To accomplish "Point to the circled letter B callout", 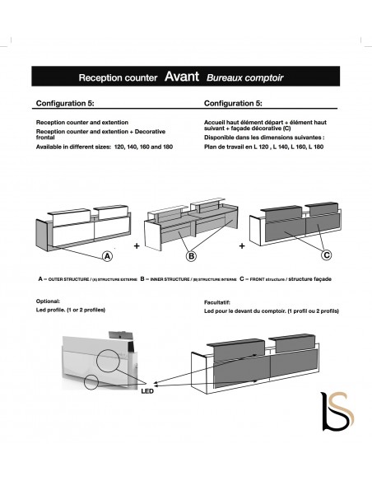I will [x=193, y=255].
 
